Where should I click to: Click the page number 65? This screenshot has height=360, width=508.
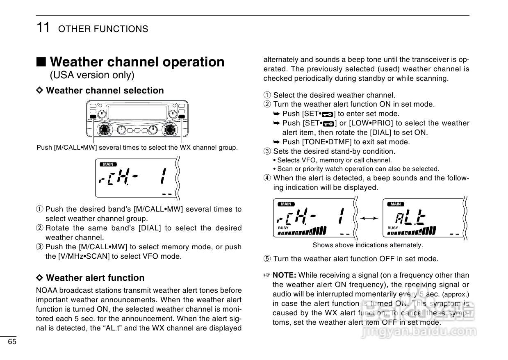point(12,342)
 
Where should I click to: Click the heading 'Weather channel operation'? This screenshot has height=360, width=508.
point(137,62)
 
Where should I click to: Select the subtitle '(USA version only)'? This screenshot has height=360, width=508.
point(92,75)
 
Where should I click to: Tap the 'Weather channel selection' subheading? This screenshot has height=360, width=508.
point(105,90)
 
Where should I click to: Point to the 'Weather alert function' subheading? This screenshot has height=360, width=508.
point(95,278)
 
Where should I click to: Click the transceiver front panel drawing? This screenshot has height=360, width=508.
point(137,119)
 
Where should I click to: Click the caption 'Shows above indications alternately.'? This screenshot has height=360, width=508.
point(367,245)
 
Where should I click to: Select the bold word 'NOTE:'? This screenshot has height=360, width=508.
point(285,275)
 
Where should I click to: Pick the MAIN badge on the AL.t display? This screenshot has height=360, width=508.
point(396,204)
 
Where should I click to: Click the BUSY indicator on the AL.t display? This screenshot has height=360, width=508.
point(393,228)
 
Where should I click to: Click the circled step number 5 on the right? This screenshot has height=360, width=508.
point(267,259)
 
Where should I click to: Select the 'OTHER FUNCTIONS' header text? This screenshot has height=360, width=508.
point(103,29)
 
